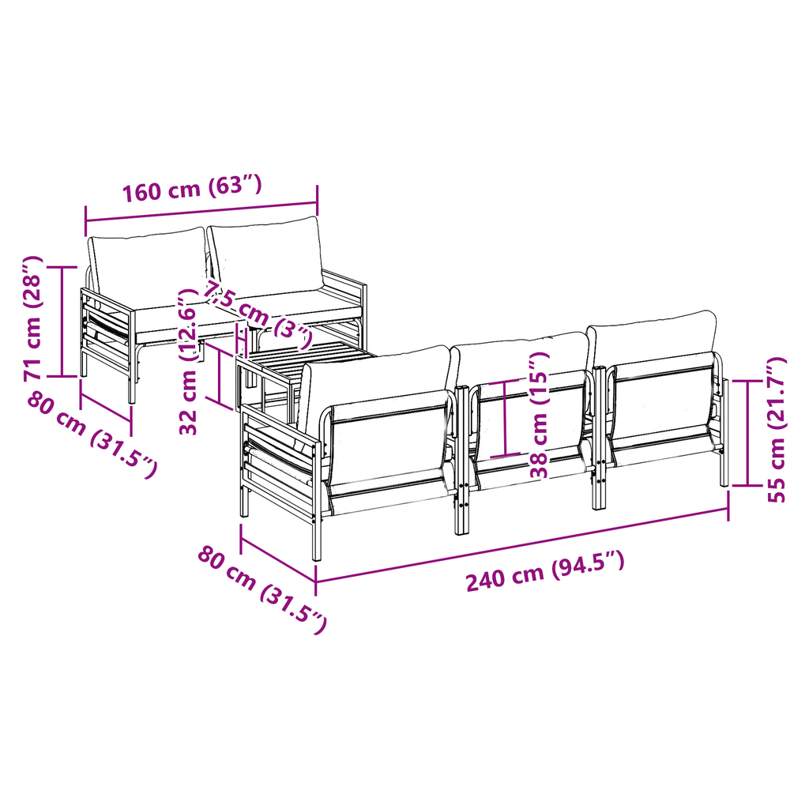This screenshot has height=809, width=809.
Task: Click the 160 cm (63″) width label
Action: coord(192,188)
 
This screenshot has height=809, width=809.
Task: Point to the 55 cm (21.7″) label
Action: coord(776,429)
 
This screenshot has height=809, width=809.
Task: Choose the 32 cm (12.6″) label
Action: coord(188,362)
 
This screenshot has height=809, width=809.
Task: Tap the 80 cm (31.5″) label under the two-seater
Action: coord(92,435)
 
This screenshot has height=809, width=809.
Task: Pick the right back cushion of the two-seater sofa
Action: coord(266,255)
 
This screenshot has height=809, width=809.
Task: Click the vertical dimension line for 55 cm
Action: coord(747,433)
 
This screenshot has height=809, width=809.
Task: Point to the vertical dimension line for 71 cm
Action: coord(62,322)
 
